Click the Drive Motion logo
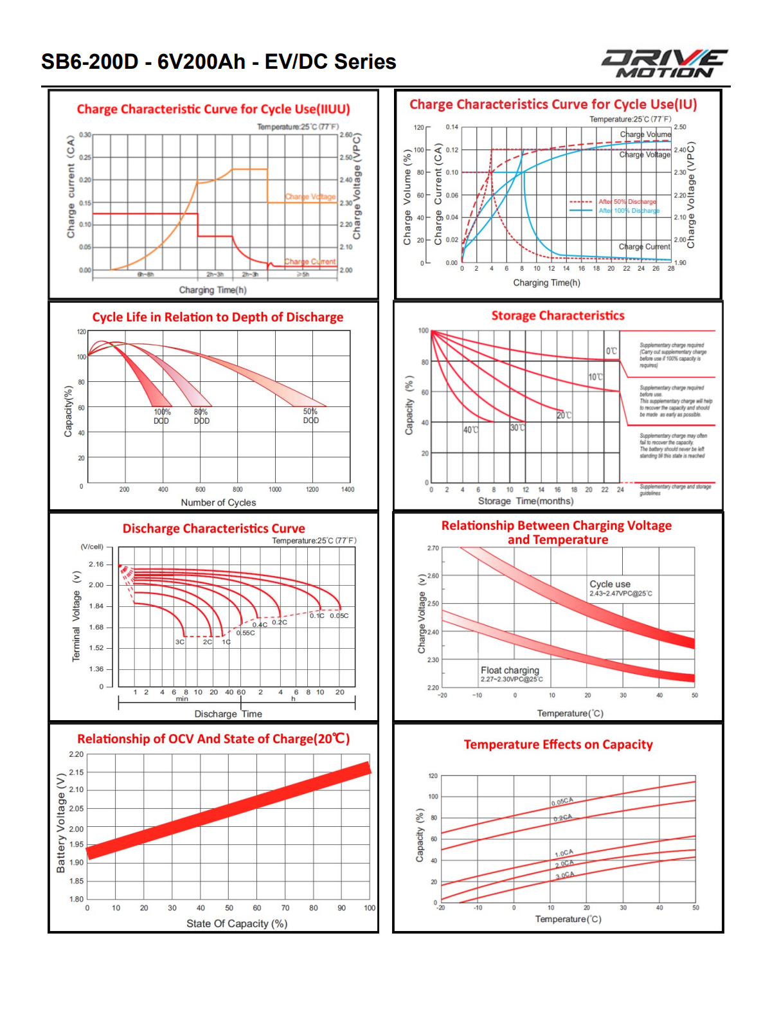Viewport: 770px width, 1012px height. click(x=664, y=64)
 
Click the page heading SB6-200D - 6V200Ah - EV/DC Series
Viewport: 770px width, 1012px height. click(x=219, y=62)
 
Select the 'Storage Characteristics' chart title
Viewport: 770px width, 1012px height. click(x=558, y=316)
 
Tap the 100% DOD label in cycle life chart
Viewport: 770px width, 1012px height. click(x=162, y=416)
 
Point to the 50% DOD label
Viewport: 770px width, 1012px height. click(x=310, y=416)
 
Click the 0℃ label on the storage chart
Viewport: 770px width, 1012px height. click(x=611, y=351)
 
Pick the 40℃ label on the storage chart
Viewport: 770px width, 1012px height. click(x=470, y=429)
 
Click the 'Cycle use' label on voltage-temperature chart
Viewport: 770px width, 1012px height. click(x=610, y=584)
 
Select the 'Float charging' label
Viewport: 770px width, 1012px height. click(x=510, y=670)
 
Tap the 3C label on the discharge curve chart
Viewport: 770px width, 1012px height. click(x=180, y=642)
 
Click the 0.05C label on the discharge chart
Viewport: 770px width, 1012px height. click(x=339, y=616)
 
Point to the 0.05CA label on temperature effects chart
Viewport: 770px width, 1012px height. click(x=562, y=802)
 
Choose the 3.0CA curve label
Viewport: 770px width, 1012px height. click(x=565, y=875)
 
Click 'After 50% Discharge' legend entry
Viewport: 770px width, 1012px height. click(x=627, y=202)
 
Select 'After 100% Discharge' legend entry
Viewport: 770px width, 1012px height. click(x=629, y=211)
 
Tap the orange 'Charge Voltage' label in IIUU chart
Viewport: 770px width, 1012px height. click(x=310, y=197)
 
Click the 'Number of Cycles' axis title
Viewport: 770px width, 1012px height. click(x=219, y=503)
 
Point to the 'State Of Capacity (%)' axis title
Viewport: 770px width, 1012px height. click(x=237, y=923)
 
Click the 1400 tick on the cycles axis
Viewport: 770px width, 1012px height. click(x=348, y=489)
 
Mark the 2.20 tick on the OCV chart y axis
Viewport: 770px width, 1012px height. click(x=76, y=754)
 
